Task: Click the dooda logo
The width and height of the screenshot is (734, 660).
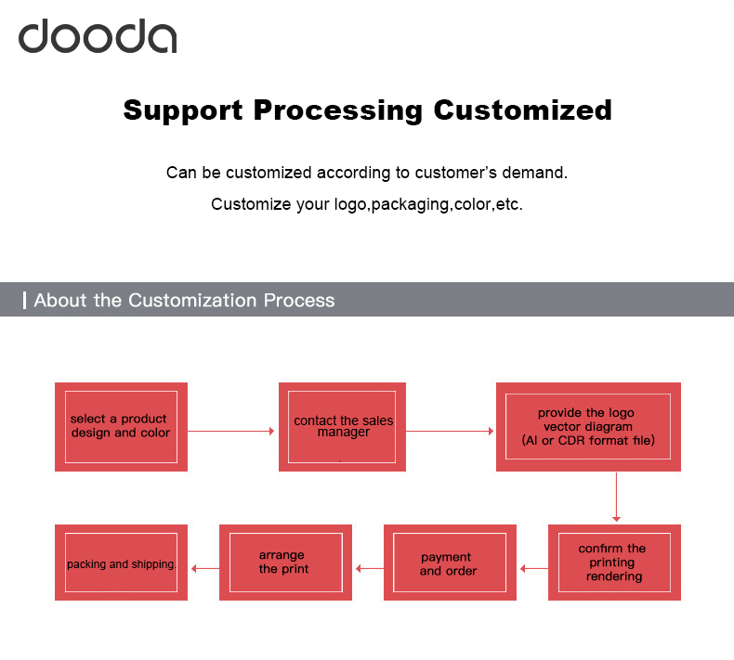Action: pos(98,36)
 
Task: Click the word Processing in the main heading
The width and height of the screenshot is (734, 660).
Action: pos(338,110)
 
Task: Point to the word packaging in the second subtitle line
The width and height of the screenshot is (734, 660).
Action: pos(411,204)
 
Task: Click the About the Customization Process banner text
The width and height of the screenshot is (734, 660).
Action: pos(184,301)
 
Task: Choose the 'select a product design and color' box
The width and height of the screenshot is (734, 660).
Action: pos(121,427)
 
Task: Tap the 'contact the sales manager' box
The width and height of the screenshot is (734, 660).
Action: pos(343,427)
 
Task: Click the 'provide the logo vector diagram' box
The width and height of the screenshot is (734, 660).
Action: pos(588,427)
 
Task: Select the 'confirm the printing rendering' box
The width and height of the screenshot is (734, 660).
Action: pos(614,563)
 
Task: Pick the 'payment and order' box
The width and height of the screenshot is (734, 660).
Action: pos(449,563)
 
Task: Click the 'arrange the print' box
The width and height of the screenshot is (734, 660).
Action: pos(284,563)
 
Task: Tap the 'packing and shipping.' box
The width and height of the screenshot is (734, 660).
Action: pos(121,563)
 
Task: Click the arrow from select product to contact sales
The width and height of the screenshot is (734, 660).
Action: pos(232,432)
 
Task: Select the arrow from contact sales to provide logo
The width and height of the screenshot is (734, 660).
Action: pos(451,432)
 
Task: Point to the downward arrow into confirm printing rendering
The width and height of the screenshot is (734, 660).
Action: pos(616,498)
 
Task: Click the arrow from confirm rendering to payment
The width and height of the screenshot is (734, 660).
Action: pos(533,568)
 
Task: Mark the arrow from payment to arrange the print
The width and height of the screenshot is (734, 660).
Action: pos(370,568)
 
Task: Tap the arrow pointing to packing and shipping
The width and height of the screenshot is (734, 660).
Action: pos(204,568)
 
